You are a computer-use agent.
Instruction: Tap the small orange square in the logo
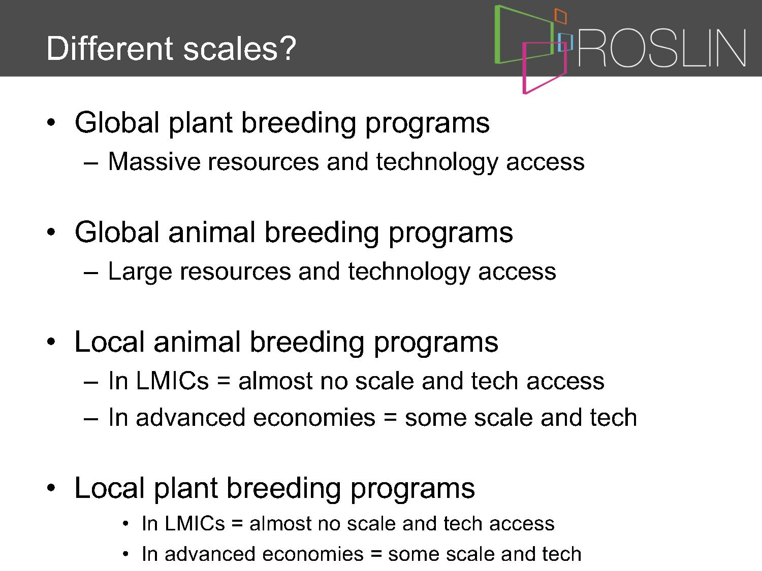[561, 16]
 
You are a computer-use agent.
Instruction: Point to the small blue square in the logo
[565, 42]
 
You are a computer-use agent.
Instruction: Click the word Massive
[154, 161]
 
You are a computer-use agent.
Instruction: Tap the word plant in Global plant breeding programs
[200, 123]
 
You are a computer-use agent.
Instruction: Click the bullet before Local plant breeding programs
[51, 488]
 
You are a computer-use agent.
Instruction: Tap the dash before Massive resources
[91, 164]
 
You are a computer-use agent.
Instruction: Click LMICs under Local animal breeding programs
[172, 381]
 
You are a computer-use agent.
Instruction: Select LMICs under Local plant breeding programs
[195, 523]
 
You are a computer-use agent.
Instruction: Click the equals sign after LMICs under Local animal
[224, 381]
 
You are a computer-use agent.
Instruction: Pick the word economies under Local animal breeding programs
[314, 417]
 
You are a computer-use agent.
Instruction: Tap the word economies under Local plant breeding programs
[313, 554]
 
